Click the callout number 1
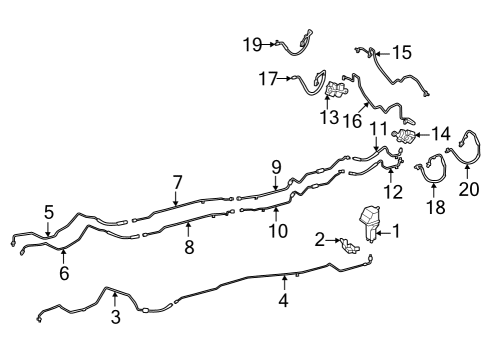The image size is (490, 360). tap(396, 231)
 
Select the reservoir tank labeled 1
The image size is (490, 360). tap(369, 222)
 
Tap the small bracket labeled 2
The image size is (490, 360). tap(349, 246)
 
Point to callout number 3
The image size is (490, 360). tap(116, 317)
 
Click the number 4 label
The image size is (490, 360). tap(283, 300)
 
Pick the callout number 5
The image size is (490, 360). tap(49, 212)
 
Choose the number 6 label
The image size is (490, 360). tap(64, 273)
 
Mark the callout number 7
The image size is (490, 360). tap(178, 183)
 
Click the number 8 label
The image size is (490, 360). tap(189, 247)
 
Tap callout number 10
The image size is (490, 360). tap(278, 231)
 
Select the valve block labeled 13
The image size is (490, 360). tap(337, 89)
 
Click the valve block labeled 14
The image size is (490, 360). tap(403, 135)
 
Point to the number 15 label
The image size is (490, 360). tap(402, 53)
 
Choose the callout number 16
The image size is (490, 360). tap(352, 120)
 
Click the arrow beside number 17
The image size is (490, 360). tap(285, 78)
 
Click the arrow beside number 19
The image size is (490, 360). tap(269, 44)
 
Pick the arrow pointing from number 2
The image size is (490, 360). tap(333, 240)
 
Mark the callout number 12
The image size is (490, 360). tap(393, 192)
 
